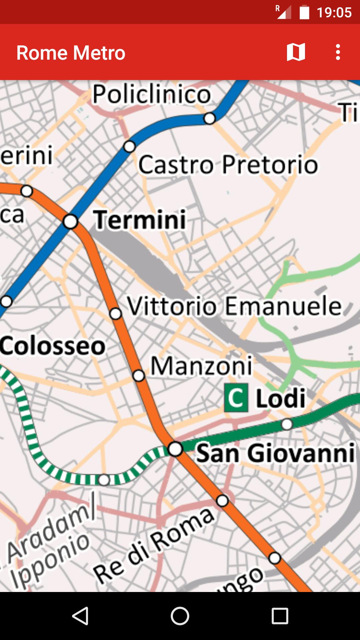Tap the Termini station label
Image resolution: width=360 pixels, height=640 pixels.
point(140,220)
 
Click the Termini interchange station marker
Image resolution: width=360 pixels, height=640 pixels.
point(71,222)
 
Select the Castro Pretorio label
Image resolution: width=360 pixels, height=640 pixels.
point(228,165)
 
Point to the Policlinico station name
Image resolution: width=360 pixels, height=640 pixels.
point(152,94)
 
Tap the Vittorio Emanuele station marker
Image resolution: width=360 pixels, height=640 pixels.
point(116,314)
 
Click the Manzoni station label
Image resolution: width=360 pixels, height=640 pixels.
point(202,366)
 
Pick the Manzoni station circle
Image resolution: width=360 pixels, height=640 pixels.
point(139,376)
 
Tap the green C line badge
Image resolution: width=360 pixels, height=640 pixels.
point(236,398)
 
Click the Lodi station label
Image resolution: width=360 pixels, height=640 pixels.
point(281,398)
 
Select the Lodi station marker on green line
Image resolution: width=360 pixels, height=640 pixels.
point(287,424)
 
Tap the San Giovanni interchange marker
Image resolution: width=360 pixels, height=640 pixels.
point(175,449)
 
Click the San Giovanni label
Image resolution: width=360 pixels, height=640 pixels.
point(275,453)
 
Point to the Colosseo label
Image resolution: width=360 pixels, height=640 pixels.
point(53,346)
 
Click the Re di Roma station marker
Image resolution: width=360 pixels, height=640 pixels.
point(222,500)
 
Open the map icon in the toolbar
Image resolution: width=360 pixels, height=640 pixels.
point(296,52)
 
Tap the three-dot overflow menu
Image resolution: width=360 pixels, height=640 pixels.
point(338,52)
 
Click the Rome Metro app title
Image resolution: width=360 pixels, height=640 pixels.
point(71,53)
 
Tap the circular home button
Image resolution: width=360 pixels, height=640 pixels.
point(180,616)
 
